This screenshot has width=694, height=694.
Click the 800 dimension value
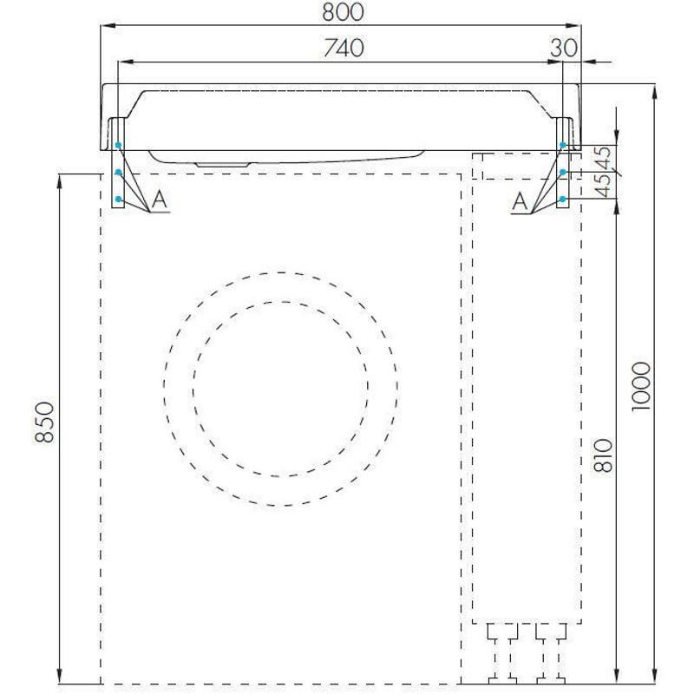[343, 12]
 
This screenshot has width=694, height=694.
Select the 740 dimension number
[344, 48]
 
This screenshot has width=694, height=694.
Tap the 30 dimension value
[564, 48]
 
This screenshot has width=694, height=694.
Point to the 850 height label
[45, 422]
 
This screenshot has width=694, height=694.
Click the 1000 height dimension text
[641, 386]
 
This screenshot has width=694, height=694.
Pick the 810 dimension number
[604, 455]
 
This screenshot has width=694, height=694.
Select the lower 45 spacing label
[604, 186]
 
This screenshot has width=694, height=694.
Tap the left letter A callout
[160, 200]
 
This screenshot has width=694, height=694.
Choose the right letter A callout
[520, 202]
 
